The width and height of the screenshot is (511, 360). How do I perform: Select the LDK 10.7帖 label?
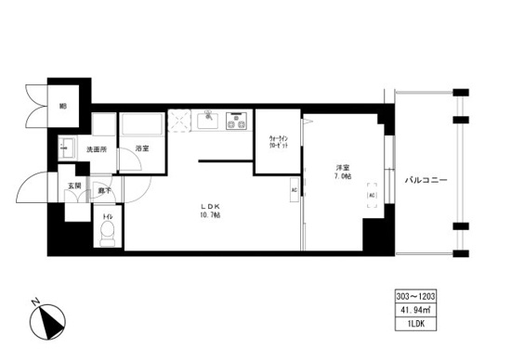pyautogui.click(x=207, y=210)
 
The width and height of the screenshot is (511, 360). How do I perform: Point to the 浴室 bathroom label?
pyautogui.click(x=142, y=148)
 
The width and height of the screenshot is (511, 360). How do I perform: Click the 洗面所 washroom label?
pyautogui.click(x=98, y=148)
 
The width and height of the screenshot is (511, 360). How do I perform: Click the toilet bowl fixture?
pyautogui.click(x=108, y=231)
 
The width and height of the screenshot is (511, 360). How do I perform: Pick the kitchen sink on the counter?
pyautogui.click(x=210, y=119)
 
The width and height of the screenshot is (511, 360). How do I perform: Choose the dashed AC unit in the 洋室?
pyautogui.click(x=371, y=197)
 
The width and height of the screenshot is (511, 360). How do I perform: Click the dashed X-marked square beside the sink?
pyautogui.click(x=180, y=120)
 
